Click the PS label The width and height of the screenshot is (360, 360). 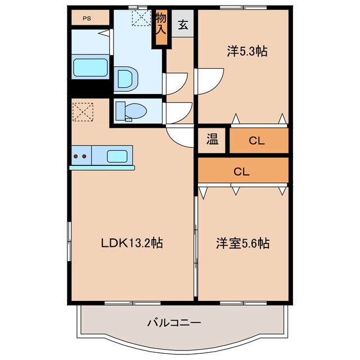(x=87, y=18)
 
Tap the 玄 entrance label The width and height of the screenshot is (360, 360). (x=183, y=25)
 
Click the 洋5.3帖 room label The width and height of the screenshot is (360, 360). (x=246, y=51)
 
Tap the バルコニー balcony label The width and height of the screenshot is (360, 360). (x=174, y=323)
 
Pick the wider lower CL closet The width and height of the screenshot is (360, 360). (x=242, y=172)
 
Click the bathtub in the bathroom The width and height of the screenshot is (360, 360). (x=90, y=67)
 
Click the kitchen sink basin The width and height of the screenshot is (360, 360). (x=118, y=156)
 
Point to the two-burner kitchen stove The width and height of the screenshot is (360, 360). (x=80, y=156)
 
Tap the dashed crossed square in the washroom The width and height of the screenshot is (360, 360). (x=139, y=17)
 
